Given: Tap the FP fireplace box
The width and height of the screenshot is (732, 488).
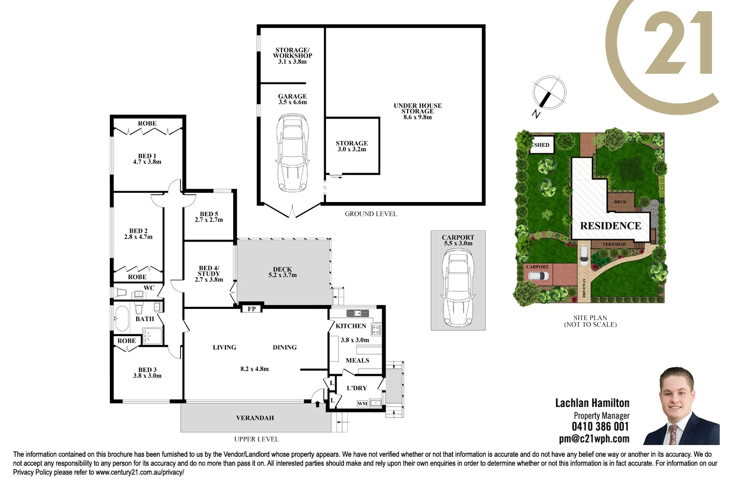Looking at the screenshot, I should click(252, 308).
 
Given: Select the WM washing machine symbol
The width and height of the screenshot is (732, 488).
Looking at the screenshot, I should click(362, 404).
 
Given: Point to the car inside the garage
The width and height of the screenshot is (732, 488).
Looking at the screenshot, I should click(292, 153).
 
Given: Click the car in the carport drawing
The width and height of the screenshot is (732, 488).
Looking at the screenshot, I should click(458, 287).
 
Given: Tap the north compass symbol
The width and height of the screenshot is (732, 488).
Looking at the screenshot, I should click(549, 93).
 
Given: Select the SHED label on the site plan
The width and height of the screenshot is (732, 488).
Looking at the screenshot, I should click(542, 145).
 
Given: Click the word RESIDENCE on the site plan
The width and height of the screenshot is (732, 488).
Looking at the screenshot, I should click(610, 226).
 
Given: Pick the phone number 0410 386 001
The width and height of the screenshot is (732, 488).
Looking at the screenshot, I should click(600, 427).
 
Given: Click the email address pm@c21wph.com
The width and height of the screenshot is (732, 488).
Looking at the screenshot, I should click(594, 439).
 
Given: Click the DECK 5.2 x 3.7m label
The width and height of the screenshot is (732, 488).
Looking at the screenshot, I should click(283, 272).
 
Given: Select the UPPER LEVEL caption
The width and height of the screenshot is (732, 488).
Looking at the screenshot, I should click(256, 439).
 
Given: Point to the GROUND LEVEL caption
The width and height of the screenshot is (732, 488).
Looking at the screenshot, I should click(371, 214).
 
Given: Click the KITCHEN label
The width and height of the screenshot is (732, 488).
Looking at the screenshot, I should click(351, 326).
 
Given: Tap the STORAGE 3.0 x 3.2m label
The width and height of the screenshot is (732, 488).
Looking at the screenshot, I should click(352, 146).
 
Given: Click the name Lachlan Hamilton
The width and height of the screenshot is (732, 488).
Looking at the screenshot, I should click(592, 403).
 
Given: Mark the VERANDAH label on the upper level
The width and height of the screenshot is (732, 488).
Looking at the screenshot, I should click(255, 418).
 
